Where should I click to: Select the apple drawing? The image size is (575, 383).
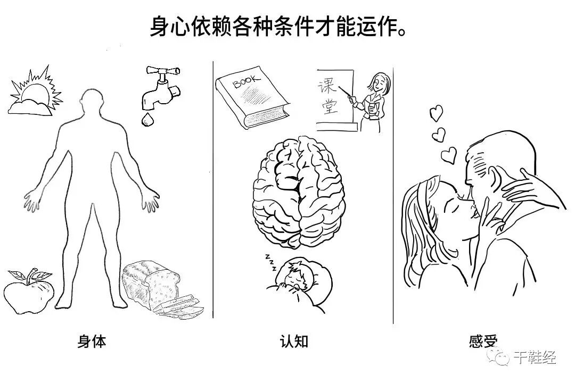click(x=29, y=292)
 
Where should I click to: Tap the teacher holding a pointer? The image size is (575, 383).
click(x=371, y=102)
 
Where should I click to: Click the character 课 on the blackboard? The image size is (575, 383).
click(x=327, y=87)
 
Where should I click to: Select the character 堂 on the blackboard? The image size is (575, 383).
click(x=330, y=106)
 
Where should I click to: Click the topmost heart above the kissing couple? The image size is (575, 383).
click(x=437, y=113)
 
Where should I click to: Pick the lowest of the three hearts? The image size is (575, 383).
click(x=449, y=155)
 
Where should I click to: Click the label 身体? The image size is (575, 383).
click(x=92, y=341)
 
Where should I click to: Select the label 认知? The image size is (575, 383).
click(x=294, y=341)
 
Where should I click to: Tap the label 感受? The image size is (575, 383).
click(x=483, y=340)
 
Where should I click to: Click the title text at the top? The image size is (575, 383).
click(x=278, y=27)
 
